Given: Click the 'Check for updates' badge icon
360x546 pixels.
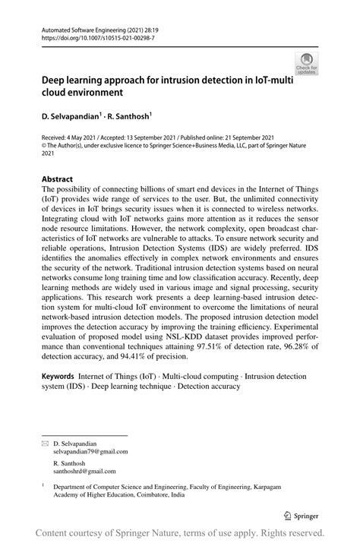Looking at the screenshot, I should click(306, 63).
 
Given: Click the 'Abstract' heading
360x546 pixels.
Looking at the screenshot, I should click(58, 180).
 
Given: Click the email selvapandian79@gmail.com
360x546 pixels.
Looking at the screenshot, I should click(90, 451).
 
